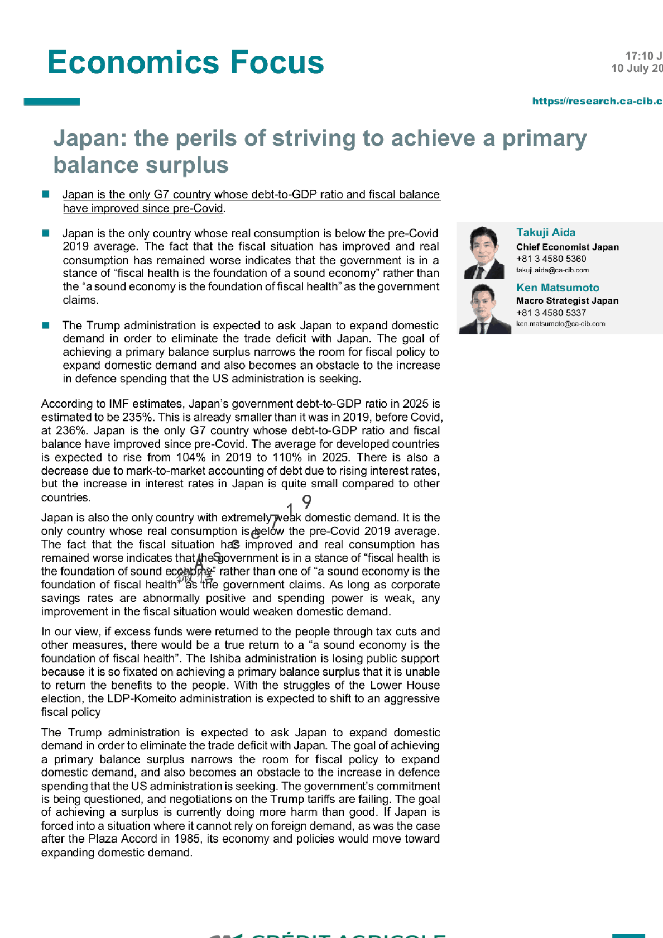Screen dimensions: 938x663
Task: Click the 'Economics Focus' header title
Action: coord(185,62)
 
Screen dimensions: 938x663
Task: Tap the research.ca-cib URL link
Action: coord(597,101)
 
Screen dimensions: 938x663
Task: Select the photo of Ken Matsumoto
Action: coord(484,309)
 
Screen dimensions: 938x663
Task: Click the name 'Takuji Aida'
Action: coord(546,232)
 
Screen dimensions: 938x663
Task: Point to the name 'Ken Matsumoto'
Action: coord(558,288)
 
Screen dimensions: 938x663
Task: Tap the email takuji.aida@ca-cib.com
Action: coord(552,270)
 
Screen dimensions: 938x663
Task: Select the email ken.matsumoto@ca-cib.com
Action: coord(560,324)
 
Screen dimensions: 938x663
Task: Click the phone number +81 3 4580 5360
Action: coord(551,259)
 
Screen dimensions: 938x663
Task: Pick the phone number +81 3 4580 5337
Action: coord(551,313)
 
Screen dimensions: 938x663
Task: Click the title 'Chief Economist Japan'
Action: coord(567,247)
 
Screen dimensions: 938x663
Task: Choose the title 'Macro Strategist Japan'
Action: coord(567,300)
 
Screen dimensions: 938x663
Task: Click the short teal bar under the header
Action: coord(52,102)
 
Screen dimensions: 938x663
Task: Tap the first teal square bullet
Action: coord(46,194)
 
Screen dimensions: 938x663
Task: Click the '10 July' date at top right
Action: coord(631,68)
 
